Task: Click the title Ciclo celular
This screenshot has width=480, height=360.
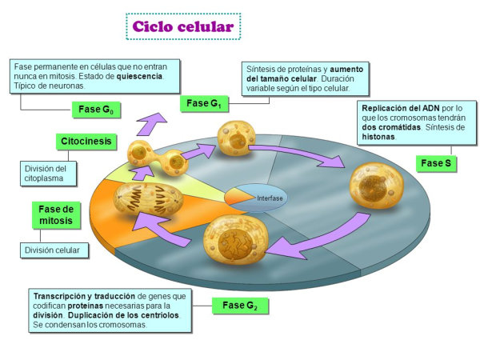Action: pos(183,26)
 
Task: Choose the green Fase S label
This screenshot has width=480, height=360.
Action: pos(437,164)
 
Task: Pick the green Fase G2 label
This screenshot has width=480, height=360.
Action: pos(239,305)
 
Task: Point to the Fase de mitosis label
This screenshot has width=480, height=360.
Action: pos(57,214)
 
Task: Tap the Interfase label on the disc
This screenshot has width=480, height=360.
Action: pos(270,198)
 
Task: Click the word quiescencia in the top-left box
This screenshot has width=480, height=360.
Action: pos(137,76)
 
